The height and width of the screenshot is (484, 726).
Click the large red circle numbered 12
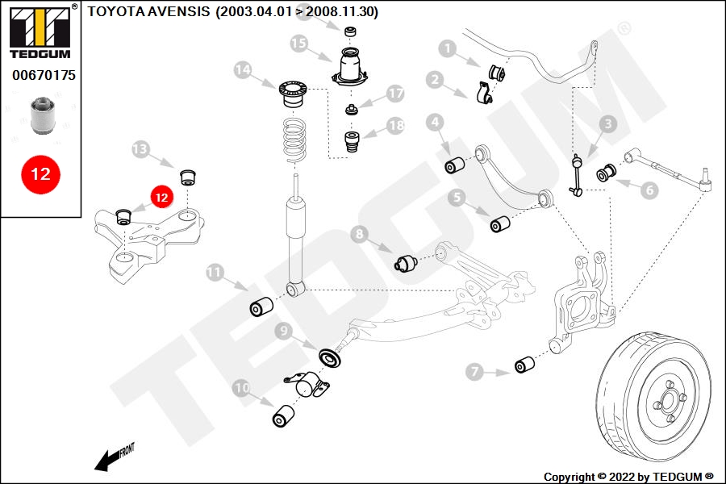tap(40, 173)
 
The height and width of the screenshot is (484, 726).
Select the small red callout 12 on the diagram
tap(161, 195)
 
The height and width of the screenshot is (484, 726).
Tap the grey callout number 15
tap(299, 44)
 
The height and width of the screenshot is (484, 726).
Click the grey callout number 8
tap(360, 235)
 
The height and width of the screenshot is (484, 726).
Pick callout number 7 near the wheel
tap(474, 372)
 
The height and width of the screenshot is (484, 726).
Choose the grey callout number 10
tap(242, 388)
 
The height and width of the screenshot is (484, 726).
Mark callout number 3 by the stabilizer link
tap(607, 123)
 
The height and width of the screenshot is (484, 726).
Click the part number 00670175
tap(44, 75)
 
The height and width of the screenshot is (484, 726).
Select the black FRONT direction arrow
tap(105, 461)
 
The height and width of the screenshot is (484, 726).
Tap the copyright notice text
tap(628, 477)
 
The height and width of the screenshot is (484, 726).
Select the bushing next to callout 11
tap(261, 307)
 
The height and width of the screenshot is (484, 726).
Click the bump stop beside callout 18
tap(352, 144)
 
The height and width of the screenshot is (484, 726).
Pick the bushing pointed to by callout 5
tap(501, 223)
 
